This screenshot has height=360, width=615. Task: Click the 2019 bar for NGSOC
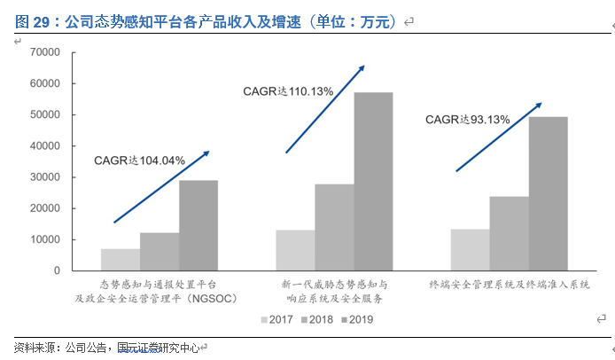[x=198, y=225]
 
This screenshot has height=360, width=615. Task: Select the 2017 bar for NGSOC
[x=121, y=260]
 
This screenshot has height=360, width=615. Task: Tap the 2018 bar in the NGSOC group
[x=160, y=252]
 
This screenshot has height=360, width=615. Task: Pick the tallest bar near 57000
[x=373, y=181]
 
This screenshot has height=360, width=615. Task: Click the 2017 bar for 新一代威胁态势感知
[x=295, y=250]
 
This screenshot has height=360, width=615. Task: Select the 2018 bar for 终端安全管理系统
[x=509, y=233]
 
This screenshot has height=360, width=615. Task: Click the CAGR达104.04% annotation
[x=139, y=160]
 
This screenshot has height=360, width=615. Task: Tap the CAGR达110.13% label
[x=288, y=90]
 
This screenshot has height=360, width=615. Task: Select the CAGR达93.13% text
[x=467, y=119]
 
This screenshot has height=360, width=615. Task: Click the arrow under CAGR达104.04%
[x=161, y=186]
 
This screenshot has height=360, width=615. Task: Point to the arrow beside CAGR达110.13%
[x=325, y=108]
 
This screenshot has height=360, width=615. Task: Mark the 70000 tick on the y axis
[x=43, y=53]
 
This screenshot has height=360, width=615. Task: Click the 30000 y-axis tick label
[x=43, y=177]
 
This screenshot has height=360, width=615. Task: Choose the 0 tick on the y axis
[x=55, y=270]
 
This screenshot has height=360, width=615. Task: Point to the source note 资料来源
[x=106, y=347]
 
